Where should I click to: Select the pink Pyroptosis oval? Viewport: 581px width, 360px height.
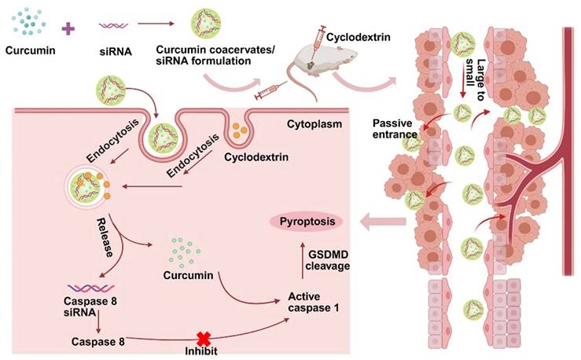point(307,222)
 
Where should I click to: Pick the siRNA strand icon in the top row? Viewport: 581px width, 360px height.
point(114,28)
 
